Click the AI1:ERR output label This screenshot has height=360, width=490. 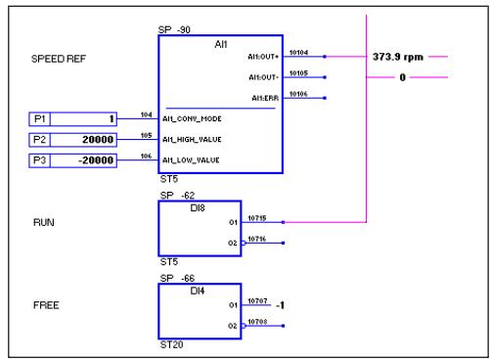pos(265,98)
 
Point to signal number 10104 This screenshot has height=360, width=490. pos(299,53)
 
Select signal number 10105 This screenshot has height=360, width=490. pos(299,73)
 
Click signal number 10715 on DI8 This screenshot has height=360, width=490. pos(257,218)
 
